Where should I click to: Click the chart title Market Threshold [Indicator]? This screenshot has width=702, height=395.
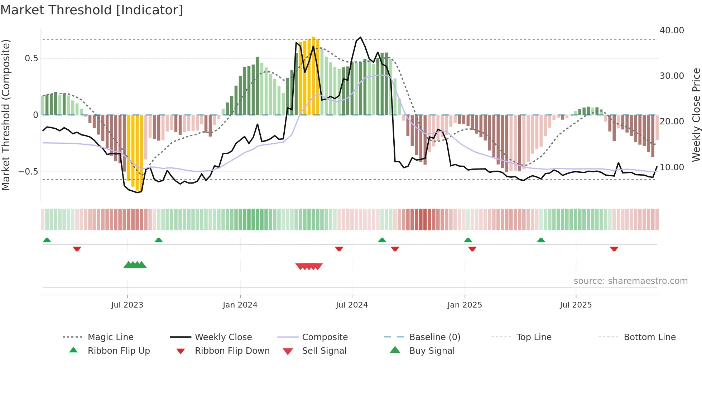(92, 10)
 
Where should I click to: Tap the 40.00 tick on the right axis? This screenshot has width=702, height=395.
(672, 30)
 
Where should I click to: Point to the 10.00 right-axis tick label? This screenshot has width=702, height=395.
(672, 167)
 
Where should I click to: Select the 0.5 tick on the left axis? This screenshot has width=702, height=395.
(32, 58)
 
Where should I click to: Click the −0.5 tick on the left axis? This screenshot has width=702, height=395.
(28, 172)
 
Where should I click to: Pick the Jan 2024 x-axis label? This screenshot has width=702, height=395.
(240, 305)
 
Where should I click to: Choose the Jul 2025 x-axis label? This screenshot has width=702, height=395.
(576, 305)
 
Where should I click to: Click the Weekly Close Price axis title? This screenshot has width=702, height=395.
(696, 115)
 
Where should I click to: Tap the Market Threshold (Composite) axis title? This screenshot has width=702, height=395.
(6, 115)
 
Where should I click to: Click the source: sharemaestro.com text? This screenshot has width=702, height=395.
(630, 281)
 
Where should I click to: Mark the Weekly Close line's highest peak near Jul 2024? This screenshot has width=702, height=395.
(361, 37)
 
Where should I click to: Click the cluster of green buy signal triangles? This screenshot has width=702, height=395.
(135, 265)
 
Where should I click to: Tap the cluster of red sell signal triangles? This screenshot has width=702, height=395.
(309, 266)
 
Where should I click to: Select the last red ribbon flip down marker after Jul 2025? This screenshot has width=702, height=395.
(614, 249)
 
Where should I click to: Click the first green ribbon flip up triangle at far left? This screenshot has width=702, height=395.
(47, 240)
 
